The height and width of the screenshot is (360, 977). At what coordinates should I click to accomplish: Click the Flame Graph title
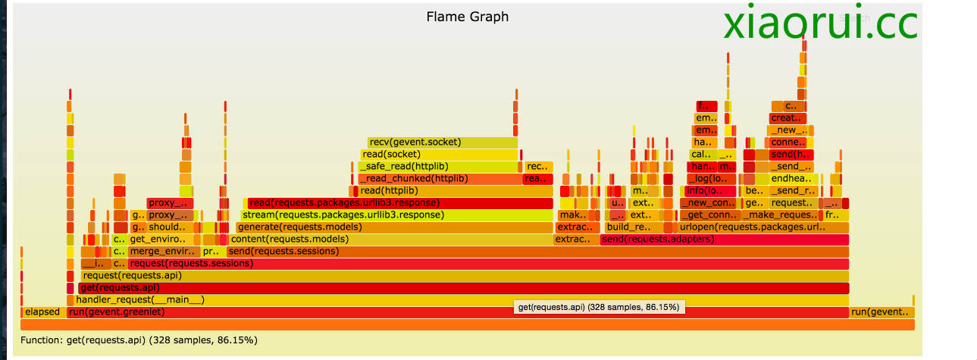(x=467, y=17)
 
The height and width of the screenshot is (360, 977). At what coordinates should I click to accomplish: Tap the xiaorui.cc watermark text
(x=820, y=23)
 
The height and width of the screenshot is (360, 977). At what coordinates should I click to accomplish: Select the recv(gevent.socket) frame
(x=443, y=142)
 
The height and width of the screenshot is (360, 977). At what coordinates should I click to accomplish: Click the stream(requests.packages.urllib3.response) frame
(x=396, y=215)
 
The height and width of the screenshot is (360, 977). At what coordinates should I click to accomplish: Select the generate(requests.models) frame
(x=394, y=227)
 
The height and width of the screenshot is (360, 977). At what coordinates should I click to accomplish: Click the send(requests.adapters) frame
(x=724, y=239)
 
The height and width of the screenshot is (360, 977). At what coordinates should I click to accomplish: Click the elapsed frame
(x=42, y=312)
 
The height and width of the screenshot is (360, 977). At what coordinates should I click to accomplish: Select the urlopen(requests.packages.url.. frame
(x=762, y=227)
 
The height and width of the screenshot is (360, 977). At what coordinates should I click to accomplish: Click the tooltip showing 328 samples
(x=599, y=307)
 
